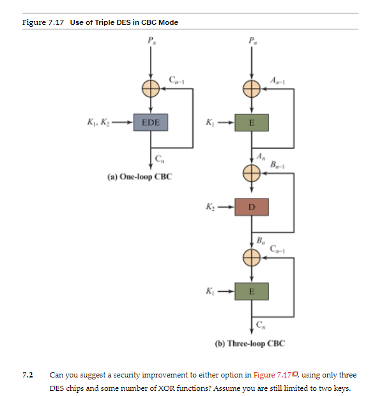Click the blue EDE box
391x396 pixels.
click(151, 122)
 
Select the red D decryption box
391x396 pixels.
click(251, 207)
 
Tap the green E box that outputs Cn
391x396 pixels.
click(251, 291)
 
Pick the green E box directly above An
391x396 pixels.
click(251, 122)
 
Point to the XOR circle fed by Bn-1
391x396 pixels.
click(251, 172)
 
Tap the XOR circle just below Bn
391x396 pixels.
click(251, 257)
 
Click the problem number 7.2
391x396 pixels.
click(27, 375)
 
